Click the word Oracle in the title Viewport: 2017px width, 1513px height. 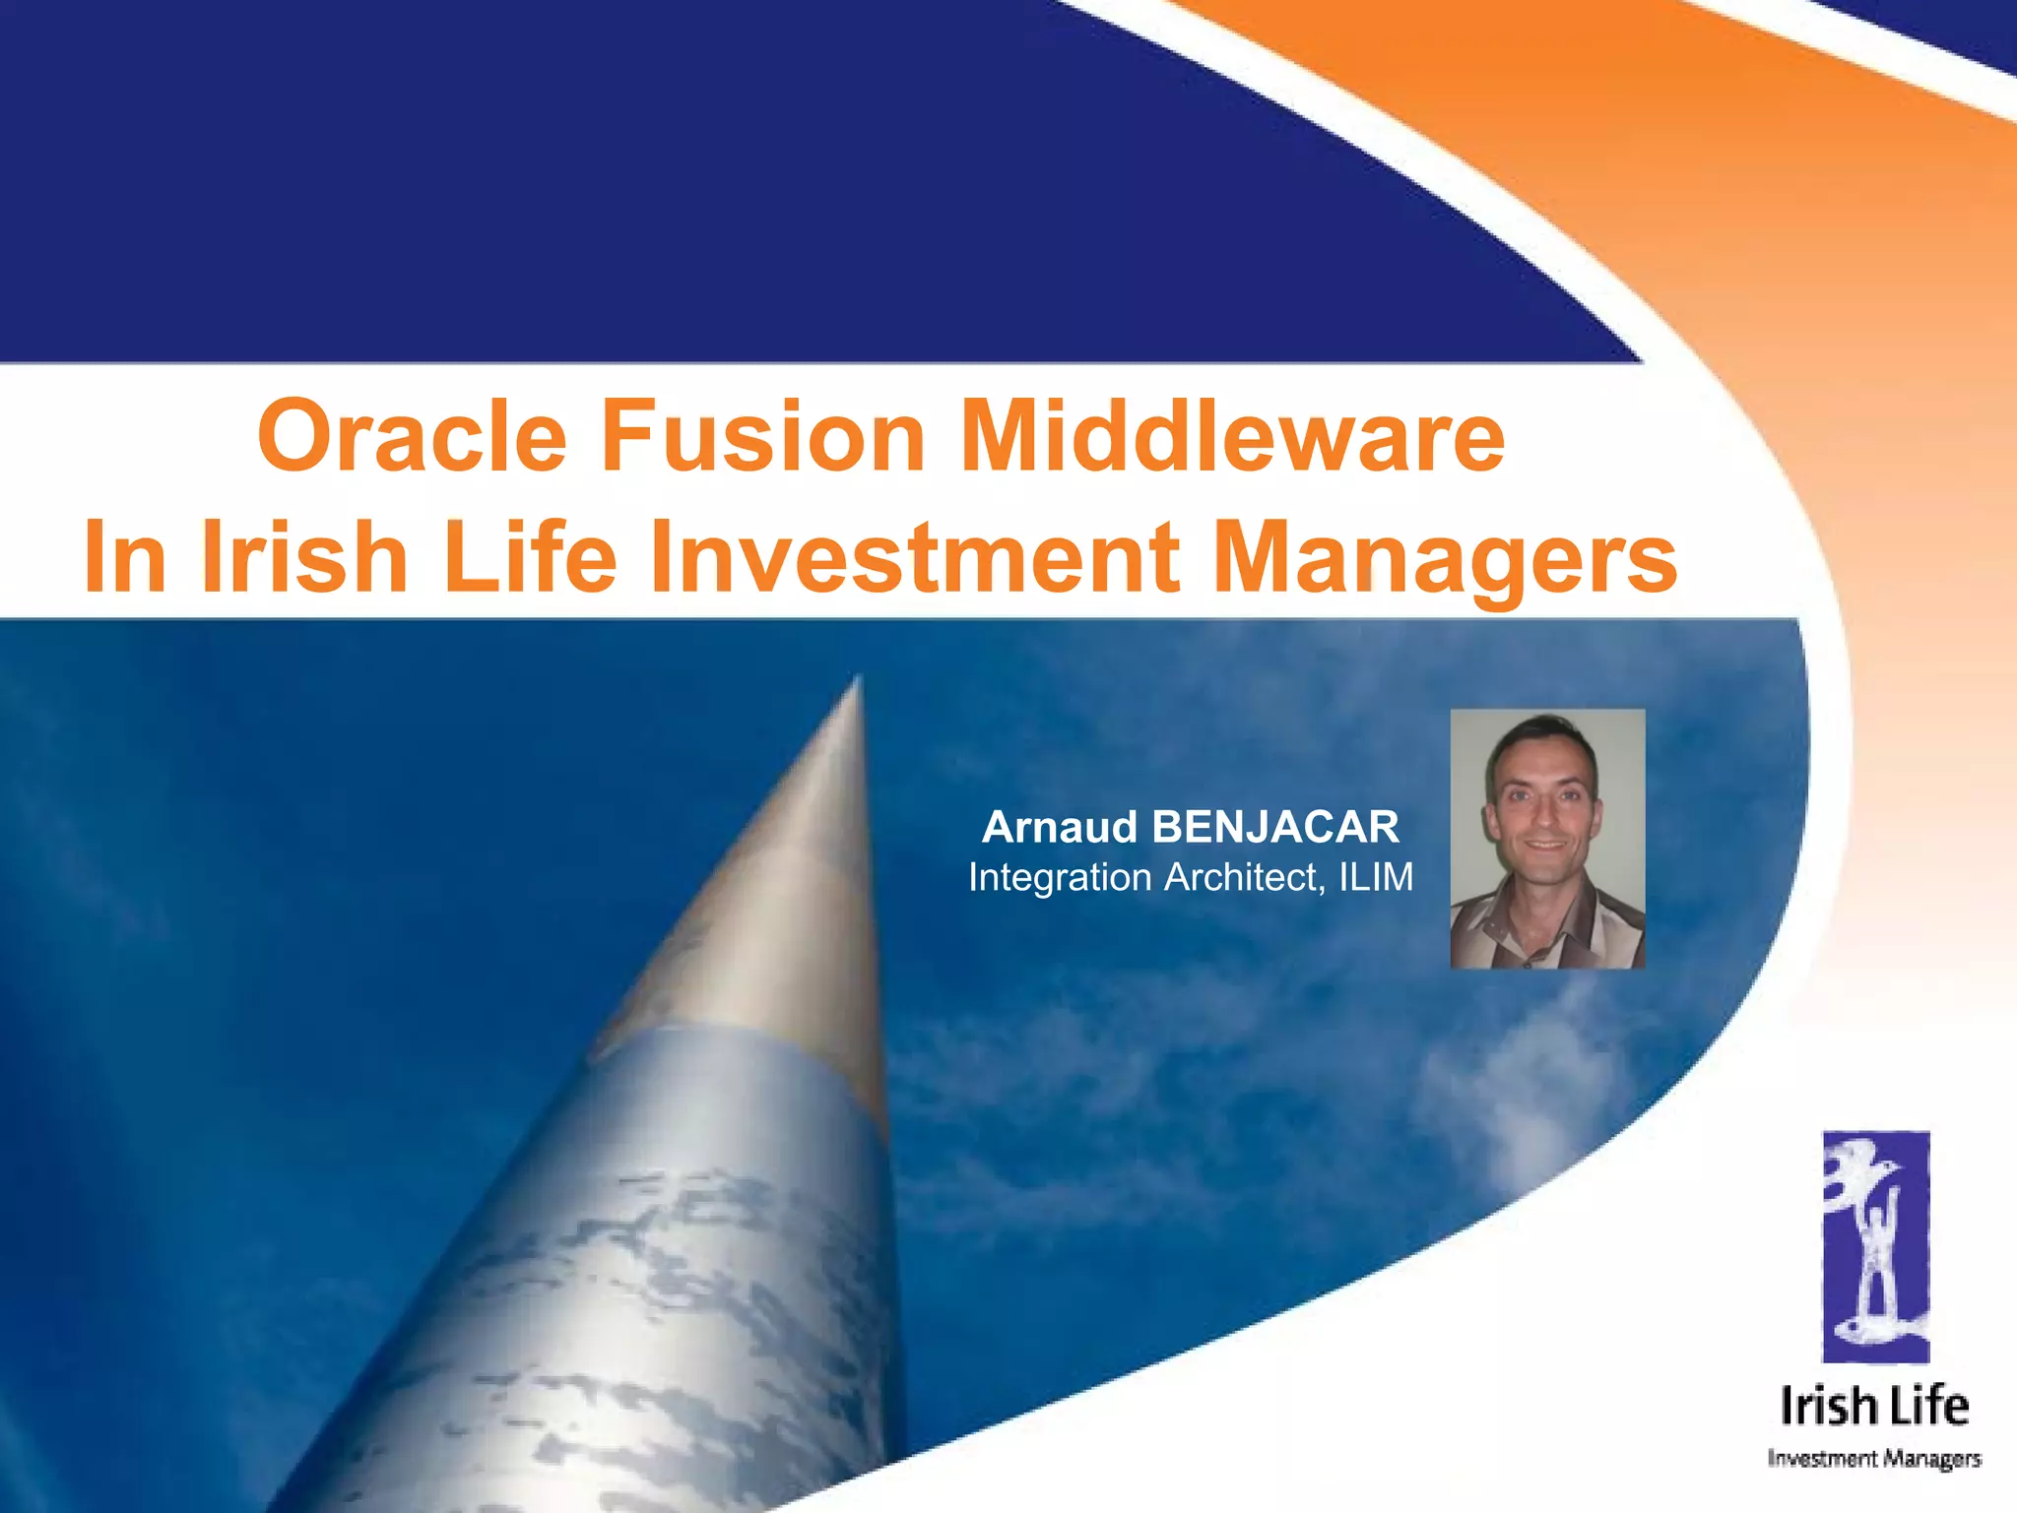tap(412, 436)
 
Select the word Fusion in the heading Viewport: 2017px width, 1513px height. tap(762, 436)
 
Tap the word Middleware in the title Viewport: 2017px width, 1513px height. tap(1231, 436)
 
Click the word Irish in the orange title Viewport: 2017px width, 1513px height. tap(304, 557)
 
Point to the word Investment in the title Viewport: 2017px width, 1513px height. tap(915, 557)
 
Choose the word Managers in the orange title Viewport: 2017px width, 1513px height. tap(1444, 557)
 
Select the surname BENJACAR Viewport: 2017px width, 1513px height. tap(1274, 827)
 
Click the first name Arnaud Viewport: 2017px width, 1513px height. tap(1060, 827)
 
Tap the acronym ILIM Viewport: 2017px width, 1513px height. tap(1376, 877)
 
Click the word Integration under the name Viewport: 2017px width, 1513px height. tap(1060, 877)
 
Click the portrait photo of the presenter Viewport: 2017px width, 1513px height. tap(1547, 838)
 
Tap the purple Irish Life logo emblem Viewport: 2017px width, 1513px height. tap(1875, 1246)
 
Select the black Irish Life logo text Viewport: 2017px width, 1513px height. tap(1874, 1406)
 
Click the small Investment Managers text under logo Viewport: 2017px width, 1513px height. tap(1874, 1458)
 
